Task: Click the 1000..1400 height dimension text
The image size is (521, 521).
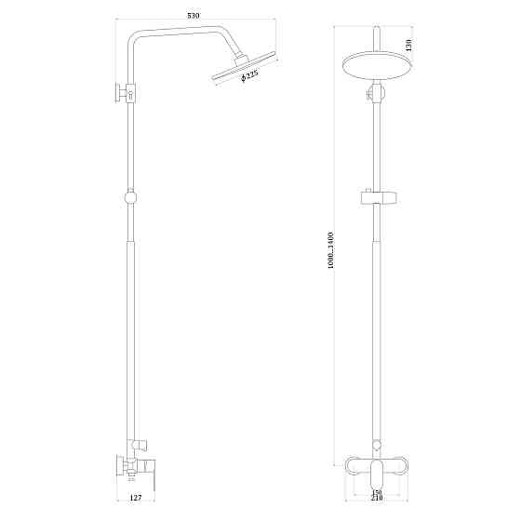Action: pos(331,251)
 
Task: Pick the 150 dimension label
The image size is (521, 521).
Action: pos(377,493)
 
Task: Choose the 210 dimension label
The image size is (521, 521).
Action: pos(377,503)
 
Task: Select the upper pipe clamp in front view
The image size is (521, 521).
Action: pos(376,93)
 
